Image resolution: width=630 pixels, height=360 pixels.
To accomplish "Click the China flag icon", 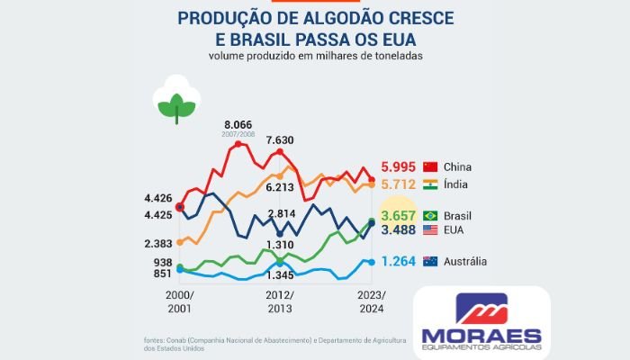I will pos(430,166).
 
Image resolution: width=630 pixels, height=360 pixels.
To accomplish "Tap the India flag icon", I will pos(430,184).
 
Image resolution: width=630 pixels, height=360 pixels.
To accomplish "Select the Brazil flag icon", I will pos(430,216).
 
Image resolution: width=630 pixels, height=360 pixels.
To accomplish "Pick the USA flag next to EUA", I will pos(430,230).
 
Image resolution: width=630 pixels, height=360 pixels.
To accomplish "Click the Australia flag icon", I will pos(430,262).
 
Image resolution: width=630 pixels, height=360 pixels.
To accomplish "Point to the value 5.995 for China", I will pos(399,166).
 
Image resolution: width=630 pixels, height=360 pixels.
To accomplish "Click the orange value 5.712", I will pos(399,184).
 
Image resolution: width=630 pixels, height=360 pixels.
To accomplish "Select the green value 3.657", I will pos(398,216).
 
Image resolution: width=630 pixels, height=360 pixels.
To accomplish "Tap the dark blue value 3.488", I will pos(398,230).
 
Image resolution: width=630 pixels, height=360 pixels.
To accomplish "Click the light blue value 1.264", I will pos(399,262).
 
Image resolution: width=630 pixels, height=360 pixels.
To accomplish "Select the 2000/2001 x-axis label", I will pos(179,302).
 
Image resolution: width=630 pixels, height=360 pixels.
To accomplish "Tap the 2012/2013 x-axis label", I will pos(280,302).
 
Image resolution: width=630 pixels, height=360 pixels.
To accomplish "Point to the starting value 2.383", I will pos(157,244).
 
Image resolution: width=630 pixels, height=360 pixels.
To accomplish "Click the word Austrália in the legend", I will pos(465,262).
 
